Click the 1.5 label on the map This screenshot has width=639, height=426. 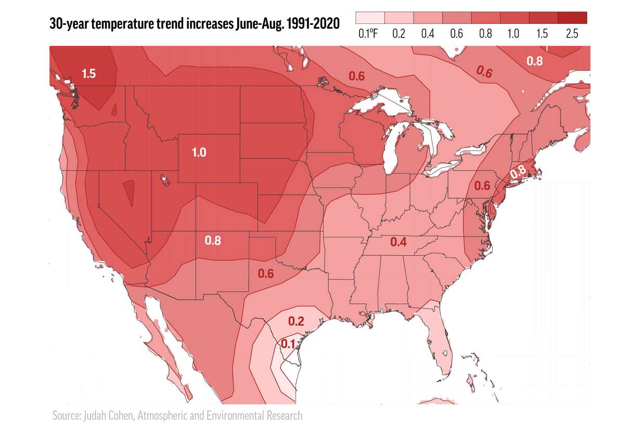pos(88,73)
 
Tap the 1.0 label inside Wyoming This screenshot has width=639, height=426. pos(199,152)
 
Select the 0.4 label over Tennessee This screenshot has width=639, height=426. pos(399,242)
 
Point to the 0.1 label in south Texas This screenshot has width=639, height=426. pos(288,343)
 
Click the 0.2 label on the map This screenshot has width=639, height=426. pos(296,321)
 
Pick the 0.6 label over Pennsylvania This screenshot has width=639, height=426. pos(482,186)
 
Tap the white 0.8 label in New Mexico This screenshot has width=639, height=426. pos(212,241)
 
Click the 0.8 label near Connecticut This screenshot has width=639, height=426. pos(517,172)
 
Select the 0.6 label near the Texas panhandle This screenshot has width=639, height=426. pos(265,274)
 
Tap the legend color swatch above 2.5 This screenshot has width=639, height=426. pos(572,18)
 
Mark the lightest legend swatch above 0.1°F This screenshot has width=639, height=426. pos(370,18)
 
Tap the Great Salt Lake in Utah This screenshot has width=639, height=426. pos(165,180)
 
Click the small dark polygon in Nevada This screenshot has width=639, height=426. pos(129,192)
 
